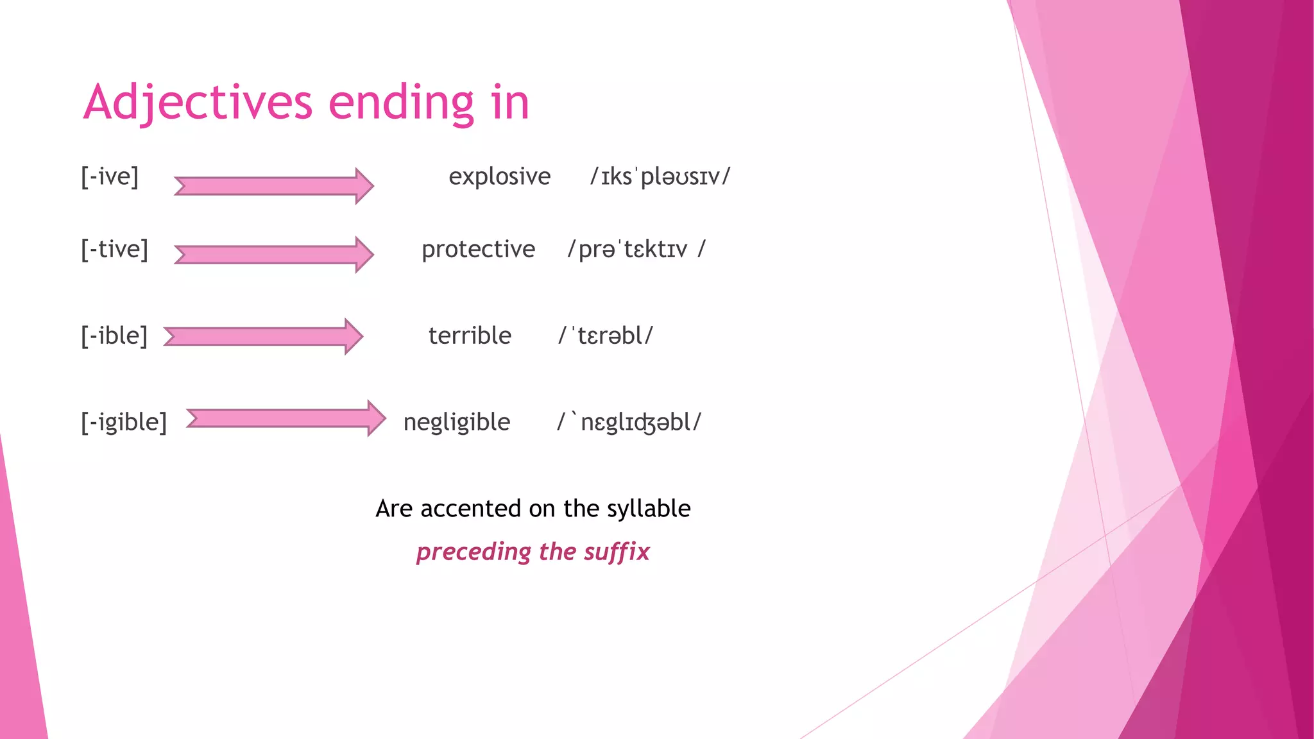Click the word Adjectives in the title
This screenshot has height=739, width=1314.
[x=198, y=103]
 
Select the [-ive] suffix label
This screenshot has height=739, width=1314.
[x=110, y=176]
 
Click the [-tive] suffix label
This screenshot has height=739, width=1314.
[x=114, y=249]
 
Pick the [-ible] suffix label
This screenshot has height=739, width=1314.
[x=114, y=336]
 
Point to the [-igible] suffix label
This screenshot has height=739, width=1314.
[x=124, y=422]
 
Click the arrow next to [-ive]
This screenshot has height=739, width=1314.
[x=274, y=186]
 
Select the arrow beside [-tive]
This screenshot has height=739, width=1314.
[x=274, y=254]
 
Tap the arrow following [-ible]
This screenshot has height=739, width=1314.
[x=263, y=336]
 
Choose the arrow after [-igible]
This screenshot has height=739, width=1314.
[x=286, y=418]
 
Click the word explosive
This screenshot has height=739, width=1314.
[x=499, y=176]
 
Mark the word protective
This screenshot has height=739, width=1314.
[x=478, y=249]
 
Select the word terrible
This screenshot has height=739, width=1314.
[x=470, y=336]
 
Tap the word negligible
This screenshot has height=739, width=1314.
[x=457, y=422]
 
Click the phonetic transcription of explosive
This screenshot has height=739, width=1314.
[x=660, y=176]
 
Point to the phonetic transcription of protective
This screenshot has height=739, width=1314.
[x=636, y=249]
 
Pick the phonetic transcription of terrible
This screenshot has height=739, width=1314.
[x=606, y=336]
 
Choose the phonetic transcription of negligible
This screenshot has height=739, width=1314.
[x=629, y=422]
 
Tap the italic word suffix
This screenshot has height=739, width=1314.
[x=617, y=552]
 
